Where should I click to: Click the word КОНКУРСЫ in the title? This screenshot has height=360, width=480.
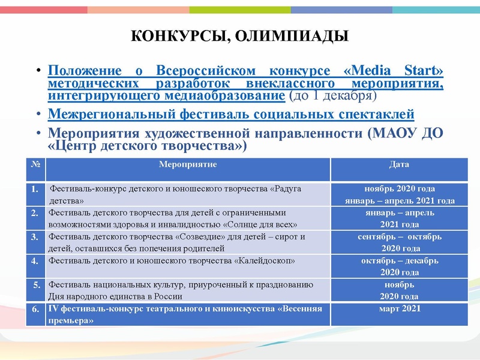click(x=178, y=37)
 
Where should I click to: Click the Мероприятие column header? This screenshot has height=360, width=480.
click(x=188, y=164)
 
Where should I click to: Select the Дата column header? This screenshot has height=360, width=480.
click(x=399, y=164)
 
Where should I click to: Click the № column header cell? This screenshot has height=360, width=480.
click(x=34, y=164)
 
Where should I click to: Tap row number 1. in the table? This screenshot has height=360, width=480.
click(x=35, y=189)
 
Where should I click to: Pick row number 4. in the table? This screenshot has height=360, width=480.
click(x=35, y=260)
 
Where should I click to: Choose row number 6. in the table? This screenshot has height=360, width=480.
click(x=35, y=310)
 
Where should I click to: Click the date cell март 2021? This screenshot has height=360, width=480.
click(x=399, y=309)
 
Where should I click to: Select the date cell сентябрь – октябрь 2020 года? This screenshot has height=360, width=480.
click(x=399, y=242)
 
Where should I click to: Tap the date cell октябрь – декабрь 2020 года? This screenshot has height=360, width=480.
click(x=399, y=266)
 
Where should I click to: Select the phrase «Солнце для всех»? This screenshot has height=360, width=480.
click(x=260, y=224)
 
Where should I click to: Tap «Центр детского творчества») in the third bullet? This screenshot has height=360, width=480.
click(x=147, y=146)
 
